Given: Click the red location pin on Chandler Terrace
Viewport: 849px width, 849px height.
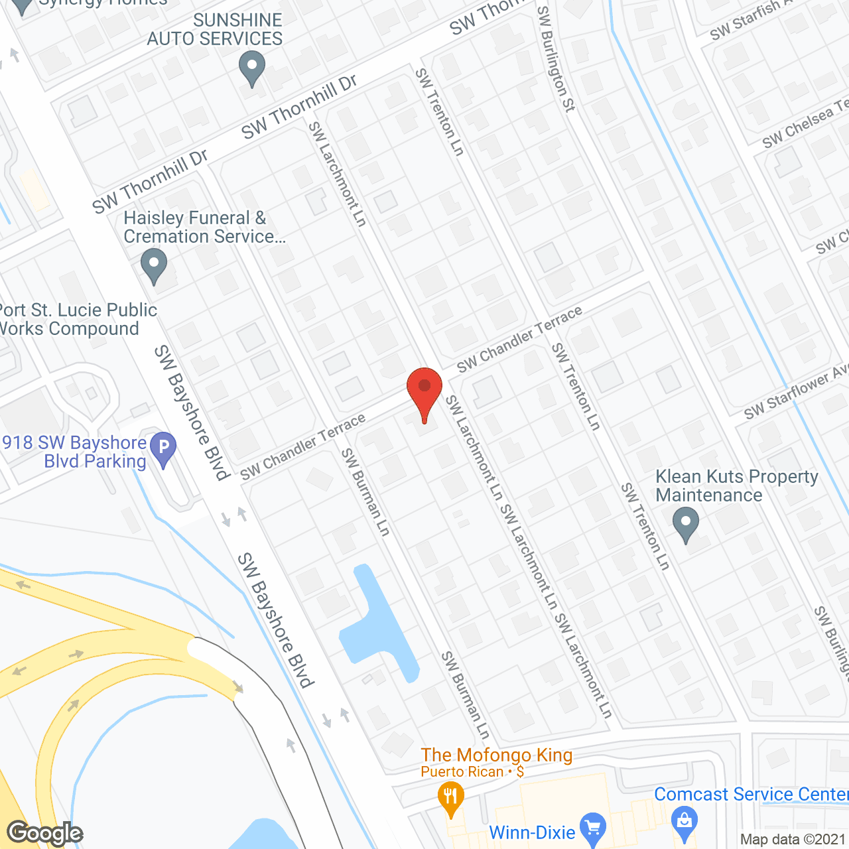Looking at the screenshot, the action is [x=424, y=391].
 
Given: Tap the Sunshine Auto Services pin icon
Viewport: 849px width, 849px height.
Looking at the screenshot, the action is [x=251, y=69].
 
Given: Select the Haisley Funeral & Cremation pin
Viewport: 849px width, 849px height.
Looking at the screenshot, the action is [x=154, y=265].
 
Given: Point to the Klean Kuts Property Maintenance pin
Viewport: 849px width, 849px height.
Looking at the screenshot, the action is [x=686, y=524].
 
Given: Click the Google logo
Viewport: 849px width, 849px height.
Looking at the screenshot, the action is [x=44, y=833].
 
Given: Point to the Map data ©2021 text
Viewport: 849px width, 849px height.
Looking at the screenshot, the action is [x=793, y=839].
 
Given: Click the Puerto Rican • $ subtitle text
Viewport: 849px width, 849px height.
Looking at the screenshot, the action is [x=472, y=772].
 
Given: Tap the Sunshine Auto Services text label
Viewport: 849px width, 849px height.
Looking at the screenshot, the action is [x=215, y=30].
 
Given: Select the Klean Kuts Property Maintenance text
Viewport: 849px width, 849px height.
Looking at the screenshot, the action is [x=736, y=486].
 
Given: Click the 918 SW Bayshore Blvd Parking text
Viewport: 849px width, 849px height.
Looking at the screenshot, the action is [x=74, y=452].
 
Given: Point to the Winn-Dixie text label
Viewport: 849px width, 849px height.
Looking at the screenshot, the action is [x=532, y=832].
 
